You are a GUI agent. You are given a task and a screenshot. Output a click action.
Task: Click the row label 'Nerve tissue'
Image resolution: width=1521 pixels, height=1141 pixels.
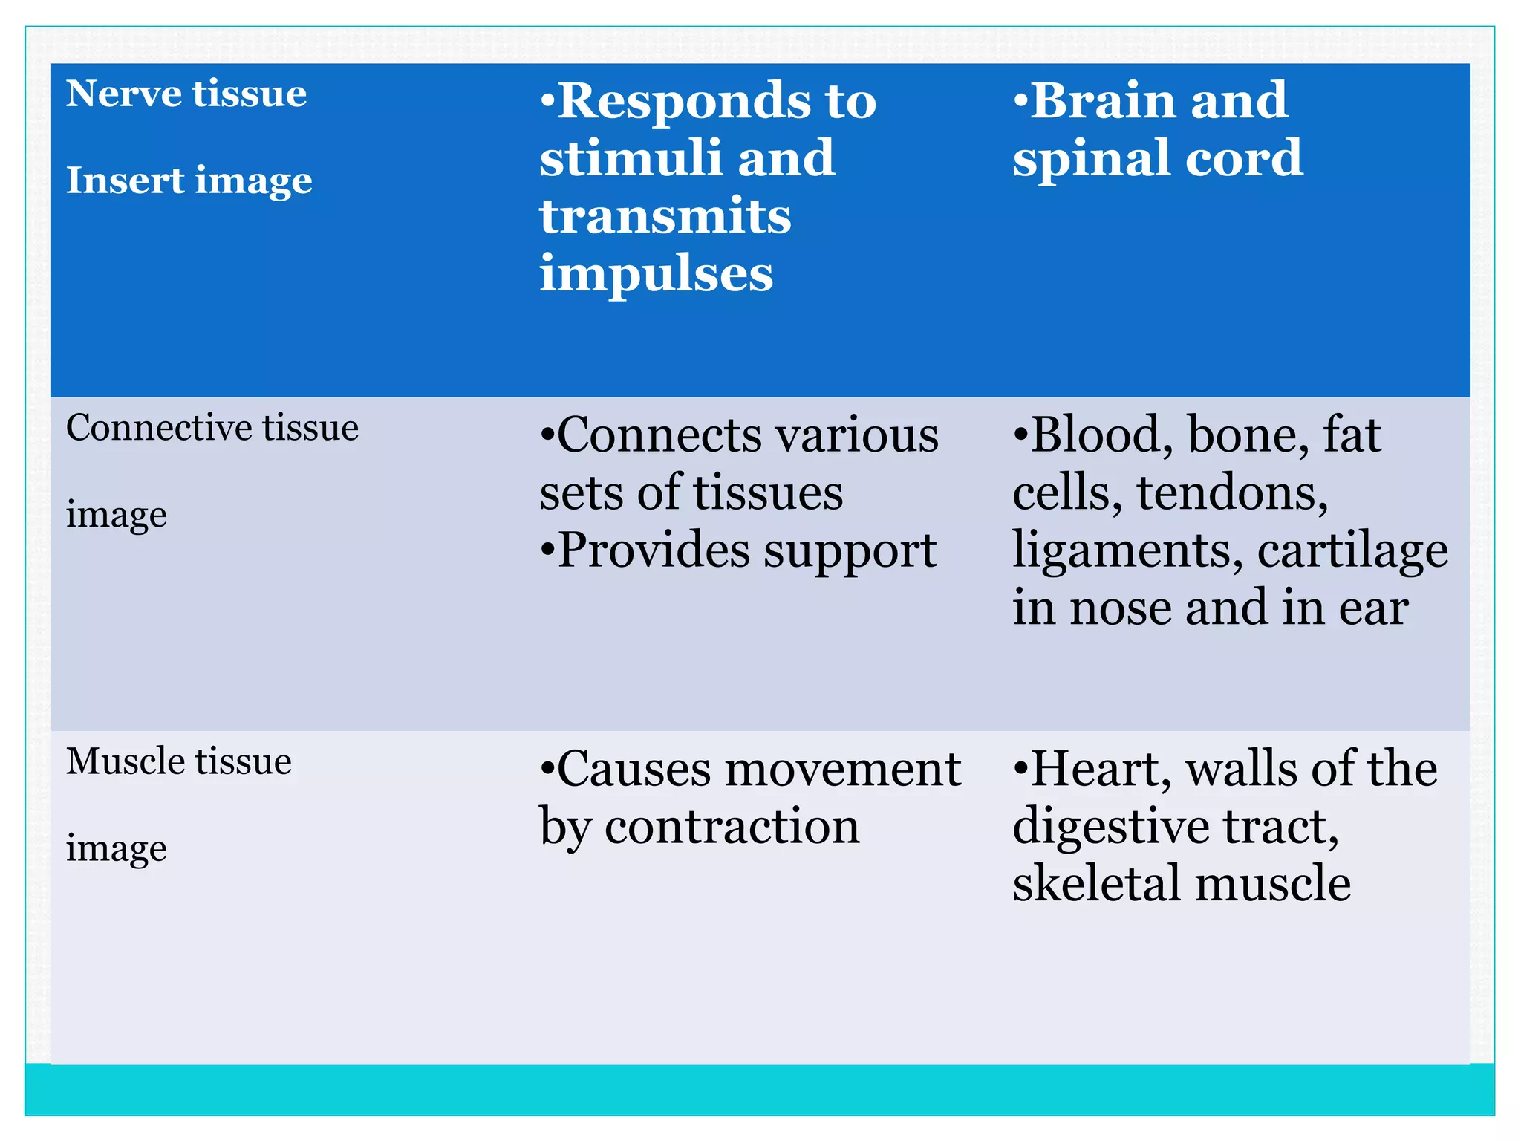point(186,94)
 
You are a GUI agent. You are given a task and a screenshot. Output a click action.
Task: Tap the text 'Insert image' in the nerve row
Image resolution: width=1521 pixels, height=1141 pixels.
point(189,181)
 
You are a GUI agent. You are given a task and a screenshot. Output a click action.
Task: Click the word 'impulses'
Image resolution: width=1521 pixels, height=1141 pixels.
point(657,274)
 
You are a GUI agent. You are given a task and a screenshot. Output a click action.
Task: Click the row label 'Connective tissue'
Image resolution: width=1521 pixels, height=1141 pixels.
point(212,428)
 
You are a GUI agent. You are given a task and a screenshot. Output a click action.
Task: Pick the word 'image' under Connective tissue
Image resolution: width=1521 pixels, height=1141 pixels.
point(116,515)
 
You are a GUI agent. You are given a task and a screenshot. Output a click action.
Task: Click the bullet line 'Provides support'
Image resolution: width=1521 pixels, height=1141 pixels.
point(737,550)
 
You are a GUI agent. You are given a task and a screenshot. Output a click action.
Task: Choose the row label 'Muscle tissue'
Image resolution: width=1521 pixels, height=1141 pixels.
point(178,761)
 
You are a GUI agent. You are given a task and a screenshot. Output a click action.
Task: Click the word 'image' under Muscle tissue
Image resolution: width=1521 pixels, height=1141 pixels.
point(116,848)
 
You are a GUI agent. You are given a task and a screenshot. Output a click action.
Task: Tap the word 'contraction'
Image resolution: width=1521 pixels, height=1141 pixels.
point(732,826)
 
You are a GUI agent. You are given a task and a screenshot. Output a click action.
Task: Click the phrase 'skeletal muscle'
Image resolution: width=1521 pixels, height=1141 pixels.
point(1181,884)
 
